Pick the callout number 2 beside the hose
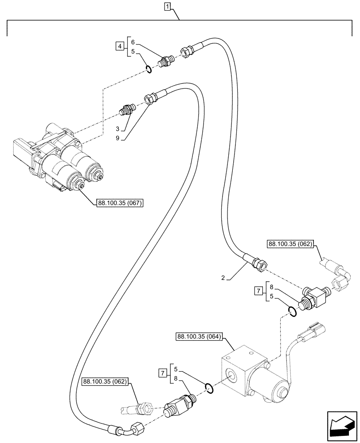click(x=223, y=278)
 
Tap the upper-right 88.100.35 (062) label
click(x=290, y=244)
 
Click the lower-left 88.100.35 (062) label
click(x=105, y=381)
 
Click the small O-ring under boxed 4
click(x=149, y=69)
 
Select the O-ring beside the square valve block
click(x=210, y=389)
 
